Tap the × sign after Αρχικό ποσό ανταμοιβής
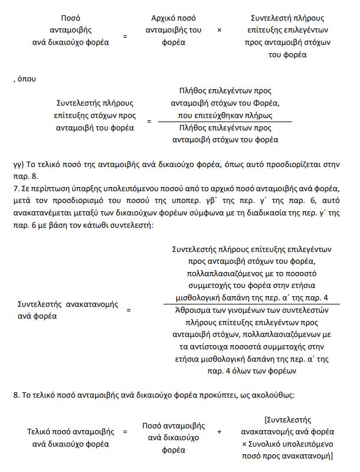coord(219,30)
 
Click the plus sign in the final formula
coord(219,431)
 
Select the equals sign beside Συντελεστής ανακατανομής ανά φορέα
coord(128,309)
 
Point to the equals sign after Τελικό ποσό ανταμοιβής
coord(125,431)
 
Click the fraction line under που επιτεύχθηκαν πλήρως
coord(224,122)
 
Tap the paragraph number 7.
coord(15,188)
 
